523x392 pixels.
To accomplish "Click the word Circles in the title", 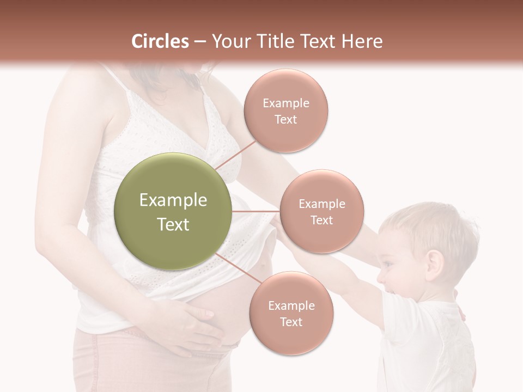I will [160, 41].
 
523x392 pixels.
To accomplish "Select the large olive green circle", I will [173, 211].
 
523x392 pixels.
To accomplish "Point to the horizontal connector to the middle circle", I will [256, 211].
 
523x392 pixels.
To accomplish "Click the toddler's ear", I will [434, 263].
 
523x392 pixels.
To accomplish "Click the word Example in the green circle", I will [173, 200].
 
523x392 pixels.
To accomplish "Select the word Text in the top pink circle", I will [285, 120].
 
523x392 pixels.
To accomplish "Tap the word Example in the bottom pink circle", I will [291, 306].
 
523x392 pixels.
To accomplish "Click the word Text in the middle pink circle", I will [321, 220].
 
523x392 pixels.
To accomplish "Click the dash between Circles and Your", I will [199, 42].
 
